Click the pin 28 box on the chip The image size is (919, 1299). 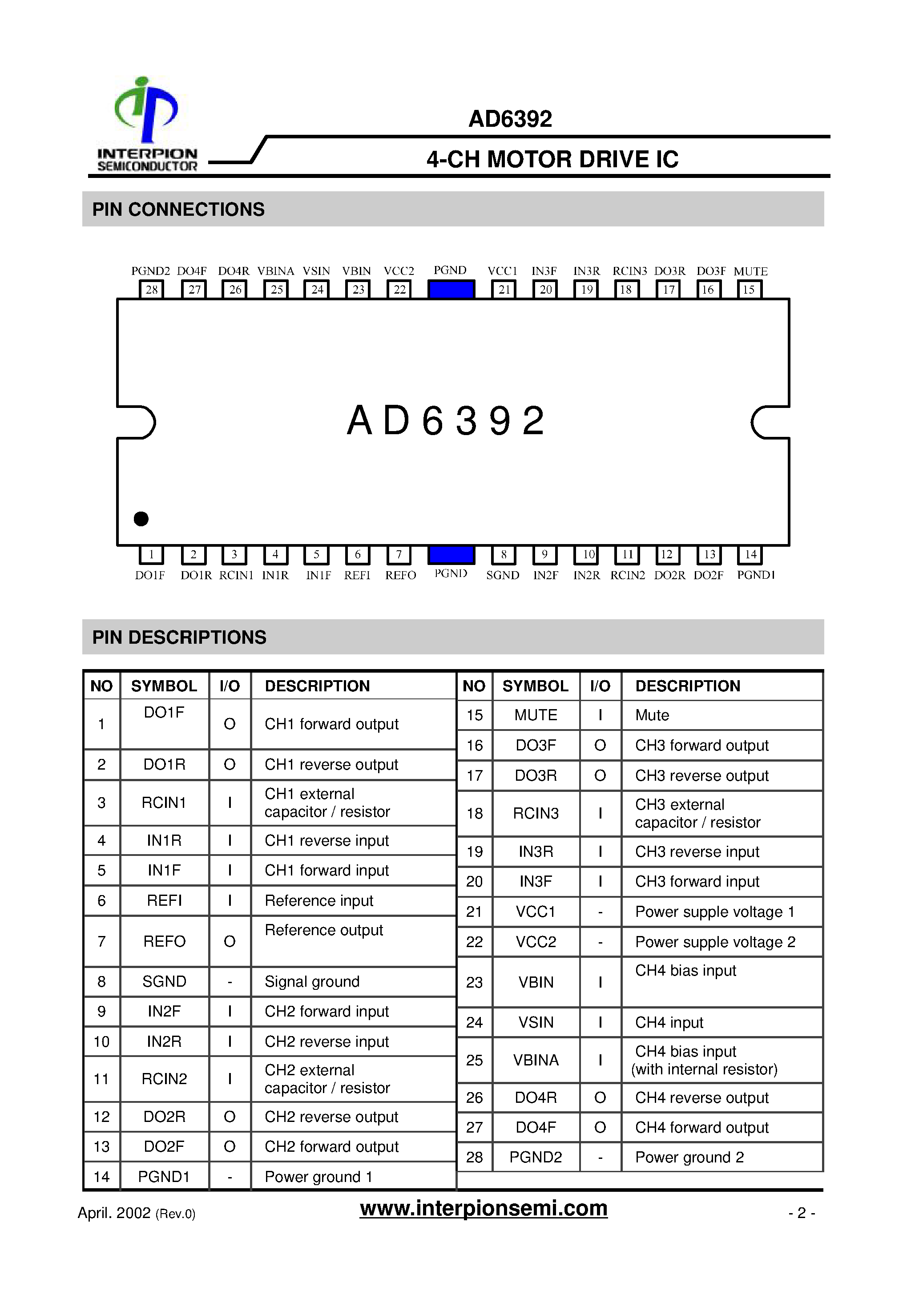click(152, 290)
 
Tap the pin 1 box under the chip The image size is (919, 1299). click(151, 554)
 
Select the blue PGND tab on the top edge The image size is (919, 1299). click(451, 290)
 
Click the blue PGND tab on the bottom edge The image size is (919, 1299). click(451, 554)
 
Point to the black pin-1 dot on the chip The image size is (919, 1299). click(141, 518)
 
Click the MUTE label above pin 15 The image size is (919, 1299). click(750, 271)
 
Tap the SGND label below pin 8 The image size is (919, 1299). click(503, 575)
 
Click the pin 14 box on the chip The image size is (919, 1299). click(750, 554)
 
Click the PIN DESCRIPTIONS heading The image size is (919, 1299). click(179, 637)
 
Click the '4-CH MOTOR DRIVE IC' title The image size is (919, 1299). click(552, 160)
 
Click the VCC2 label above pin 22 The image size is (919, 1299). click(399, 271)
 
